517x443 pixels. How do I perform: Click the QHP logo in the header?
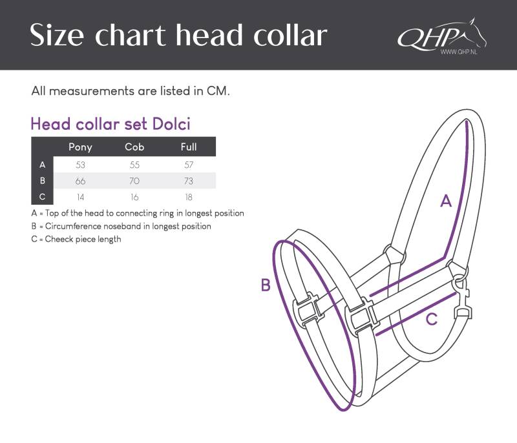point(442,36)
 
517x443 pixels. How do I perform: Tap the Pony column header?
point(80,147)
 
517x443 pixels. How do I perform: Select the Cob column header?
point(134,147)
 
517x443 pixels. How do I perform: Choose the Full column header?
point(189,147)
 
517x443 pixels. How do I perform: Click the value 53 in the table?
point(80,165)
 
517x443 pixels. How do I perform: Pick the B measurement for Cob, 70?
point(134,181)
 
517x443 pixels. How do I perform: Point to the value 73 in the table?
point(189,181)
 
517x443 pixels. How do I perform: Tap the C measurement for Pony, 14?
point(80,197)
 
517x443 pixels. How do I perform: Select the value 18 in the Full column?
point(189,197)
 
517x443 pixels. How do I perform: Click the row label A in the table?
point(42,165)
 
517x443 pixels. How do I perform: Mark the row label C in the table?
point(42,197)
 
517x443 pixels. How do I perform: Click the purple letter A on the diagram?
point(446,200)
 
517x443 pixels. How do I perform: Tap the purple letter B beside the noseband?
point(266,285)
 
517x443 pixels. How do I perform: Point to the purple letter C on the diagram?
point(432,319)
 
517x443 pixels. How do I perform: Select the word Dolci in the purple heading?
point(171,124)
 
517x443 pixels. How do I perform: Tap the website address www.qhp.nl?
point(459,52)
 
